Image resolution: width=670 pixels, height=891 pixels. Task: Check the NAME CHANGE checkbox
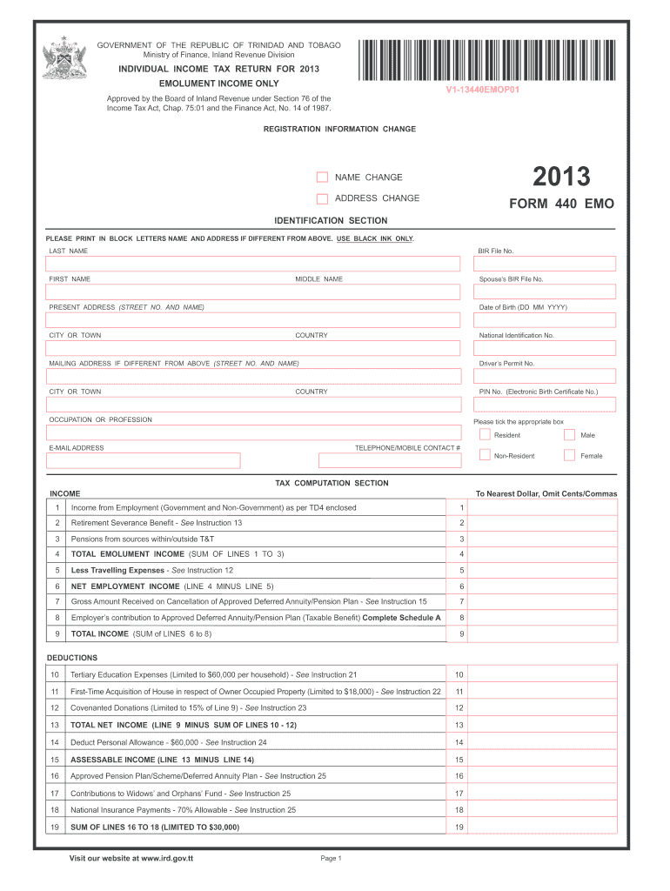pos(322,178)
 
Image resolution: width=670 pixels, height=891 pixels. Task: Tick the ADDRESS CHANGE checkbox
pos(322,198)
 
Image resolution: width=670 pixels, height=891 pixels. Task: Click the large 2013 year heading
pos(561,178)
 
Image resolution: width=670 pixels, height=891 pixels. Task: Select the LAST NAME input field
pos(253,264)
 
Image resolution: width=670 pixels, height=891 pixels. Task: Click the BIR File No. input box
pos(544,264)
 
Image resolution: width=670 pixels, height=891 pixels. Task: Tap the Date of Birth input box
pos(544,320)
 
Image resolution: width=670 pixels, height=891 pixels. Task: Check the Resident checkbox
pos(485,435)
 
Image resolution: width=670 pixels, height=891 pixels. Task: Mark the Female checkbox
pos(569,455)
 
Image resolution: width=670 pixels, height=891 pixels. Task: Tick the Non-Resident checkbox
pos(485,455)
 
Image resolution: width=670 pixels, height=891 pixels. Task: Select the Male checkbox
pos(569,435)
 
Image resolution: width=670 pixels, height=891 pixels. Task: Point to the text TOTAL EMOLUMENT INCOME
pos(127,554)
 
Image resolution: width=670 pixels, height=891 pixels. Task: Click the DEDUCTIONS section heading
pos(73,658)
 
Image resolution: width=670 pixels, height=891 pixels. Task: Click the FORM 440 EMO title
pos(561,204)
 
